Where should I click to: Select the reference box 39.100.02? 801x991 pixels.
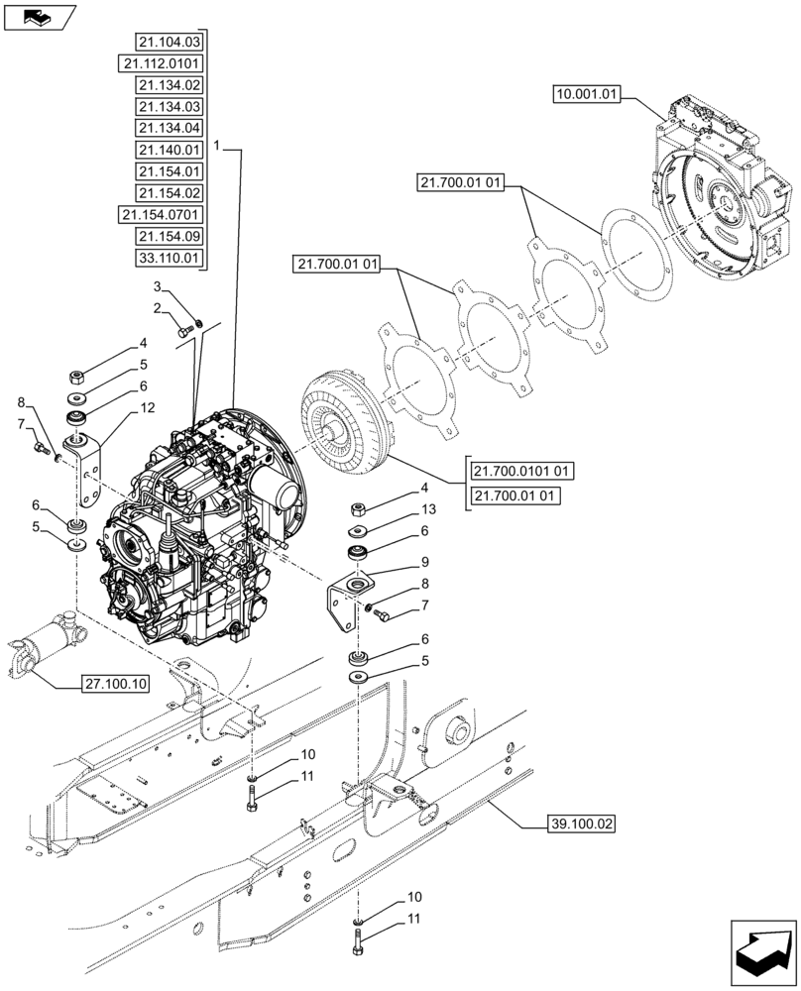pyautogui.click(x=582, y=822)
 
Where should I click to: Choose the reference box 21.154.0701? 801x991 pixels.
pyautogui.click(x=160, y=215)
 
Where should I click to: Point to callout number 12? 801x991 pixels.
pyautogui.click(x=147, y=408)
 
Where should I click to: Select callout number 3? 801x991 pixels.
pyautogui.click(x=156, y=286)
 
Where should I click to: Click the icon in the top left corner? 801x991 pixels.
pyautogui.click(x=40, y=16)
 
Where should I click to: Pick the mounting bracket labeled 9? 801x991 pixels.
pyautogui.click(x=347, y=601)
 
